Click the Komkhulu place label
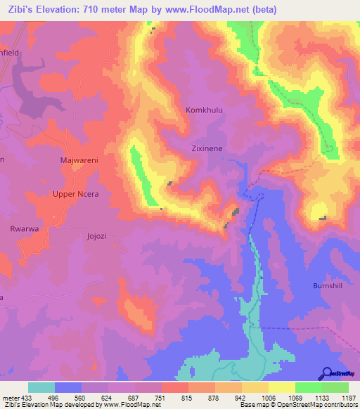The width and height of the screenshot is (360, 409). pos(204,110)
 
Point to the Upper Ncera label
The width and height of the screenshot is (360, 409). pos(77,194)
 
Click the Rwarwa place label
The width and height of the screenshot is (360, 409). pos(23,228)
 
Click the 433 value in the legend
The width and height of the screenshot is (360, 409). pos(21,396)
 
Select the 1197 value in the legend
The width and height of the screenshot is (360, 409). pos(349,396)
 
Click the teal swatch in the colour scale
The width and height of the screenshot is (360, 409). pos(41,387)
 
